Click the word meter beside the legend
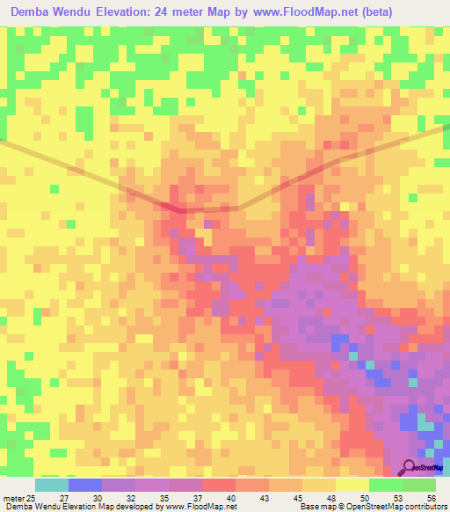pyautogui.click(x=13, y=500)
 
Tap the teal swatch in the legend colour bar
pyautogui.click(x=52, y=485)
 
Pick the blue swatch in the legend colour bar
pyautogui.click(x=85, y=485)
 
